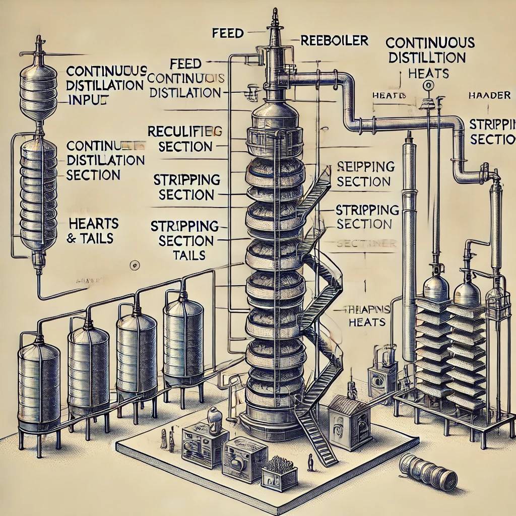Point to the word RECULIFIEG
tap(184, 132)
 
